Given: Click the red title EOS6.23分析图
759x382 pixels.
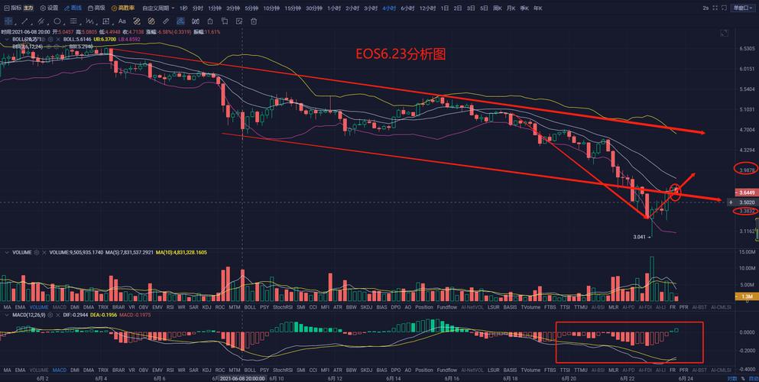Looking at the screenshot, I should pos(400,54).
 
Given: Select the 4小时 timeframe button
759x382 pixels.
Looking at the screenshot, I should pos(389,8).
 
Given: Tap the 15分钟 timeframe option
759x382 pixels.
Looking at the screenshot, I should pos(293,8).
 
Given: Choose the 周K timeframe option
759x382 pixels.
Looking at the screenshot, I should pos(498,8).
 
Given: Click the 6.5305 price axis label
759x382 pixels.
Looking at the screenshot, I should pos(746,48).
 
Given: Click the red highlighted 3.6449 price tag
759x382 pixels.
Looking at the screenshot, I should pos(746,192).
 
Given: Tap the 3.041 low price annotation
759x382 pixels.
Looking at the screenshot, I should pos(641,237).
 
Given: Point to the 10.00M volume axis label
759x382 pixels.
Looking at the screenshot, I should pos(746,269).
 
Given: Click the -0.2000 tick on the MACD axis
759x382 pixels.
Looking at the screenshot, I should pos(746,351).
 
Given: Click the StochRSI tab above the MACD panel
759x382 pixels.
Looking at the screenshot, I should pos(283,306).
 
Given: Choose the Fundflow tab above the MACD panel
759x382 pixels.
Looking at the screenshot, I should pos(447,306).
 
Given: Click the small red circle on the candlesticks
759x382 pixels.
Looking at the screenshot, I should pos(675,188).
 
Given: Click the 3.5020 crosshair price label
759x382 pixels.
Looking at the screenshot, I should pos(746,202).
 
